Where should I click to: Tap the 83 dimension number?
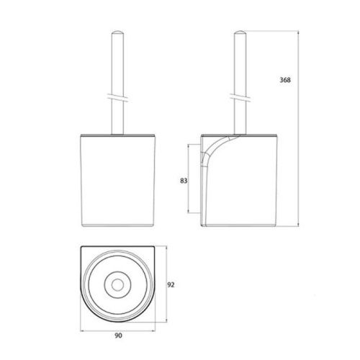tap(184, 181)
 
